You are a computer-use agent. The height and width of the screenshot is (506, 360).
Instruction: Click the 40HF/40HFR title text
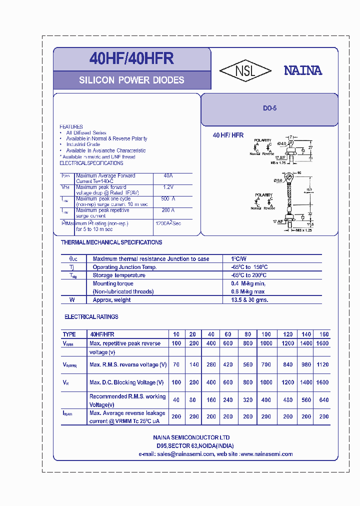tap(131, 59)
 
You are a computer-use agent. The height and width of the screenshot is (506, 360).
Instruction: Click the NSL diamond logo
tap(245, 70)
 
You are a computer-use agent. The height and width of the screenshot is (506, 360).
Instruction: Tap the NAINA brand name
tap(303, 70)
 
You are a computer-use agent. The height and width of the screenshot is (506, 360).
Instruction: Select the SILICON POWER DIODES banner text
tap(131, 80)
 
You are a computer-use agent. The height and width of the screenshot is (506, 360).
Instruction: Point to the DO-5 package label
tap(270, 108)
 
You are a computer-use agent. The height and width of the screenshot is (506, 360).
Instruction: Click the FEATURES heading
tap(71, 126)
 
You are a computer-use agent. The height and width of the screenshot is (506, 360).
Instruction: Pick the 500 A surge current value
tap(168, 198)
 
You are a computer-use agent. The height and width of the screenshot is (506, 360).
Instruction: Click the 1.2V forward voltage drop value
tap(168, 187)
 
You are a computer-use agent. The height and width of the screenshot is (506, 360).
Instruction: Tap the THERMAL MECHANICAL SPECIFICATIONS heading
tap(111, 242)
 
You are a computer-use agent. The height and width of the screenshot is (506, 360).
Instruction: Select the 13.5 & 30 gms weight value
tap(249, 300)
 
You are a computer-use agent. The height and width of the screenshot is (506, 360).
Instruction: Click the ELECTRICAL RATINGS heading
tap(91, 317)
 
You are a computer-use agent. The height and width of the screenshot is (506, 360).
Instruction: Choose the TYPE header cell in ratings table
tap(69, 334)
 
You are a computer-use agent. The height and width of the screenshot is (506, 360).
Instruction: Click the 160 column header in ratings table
tap(323, 334)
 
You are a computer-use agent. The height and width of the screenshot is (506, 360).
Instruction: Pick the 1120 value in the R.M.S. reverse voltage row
tap(322, 365)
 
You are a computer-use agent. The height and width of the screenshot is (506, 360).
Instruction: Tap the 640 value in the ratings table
tap(323, 400)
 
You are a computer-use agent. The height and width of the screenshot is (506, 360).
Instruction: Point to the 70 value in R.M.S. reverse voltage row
tap(176, 365)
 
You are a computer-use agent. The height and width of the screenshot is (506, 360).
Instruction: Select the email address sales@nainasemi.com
tap(185, 454)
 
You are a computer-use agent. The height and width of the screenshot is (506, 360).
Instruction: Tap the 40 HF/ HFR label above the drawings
tap(228, 135)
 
